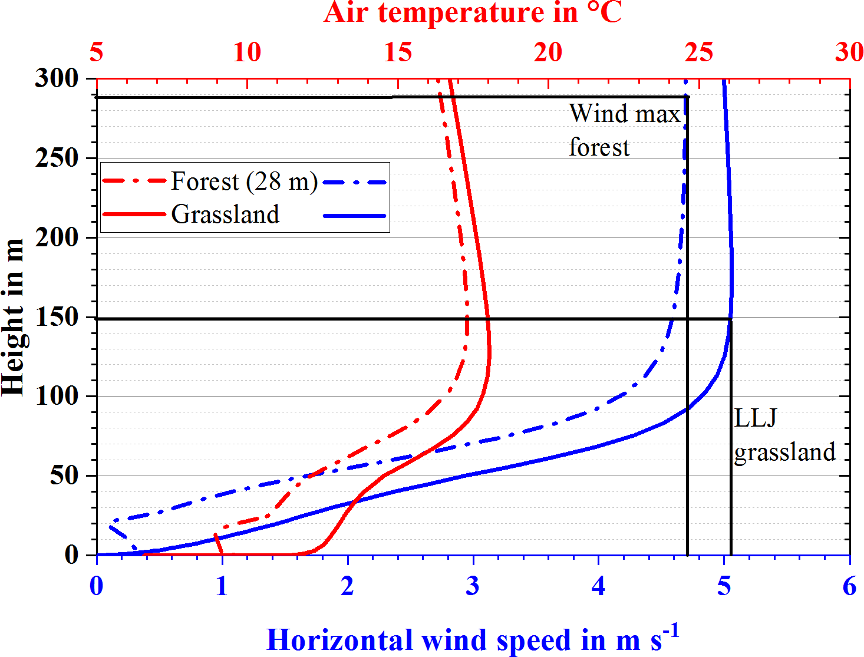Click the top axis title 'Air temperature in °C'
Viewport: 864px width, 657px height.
click(473, 13)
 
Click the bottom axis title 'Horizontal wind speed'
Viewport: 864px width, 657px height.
click(473, 640)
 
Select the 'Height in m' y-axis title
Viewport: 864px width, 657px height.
click(13, 317)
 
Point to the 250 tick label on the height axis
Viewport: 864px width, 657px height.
click(57, 158)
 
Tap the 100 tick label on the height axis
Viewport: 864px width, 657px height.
click(57, 396)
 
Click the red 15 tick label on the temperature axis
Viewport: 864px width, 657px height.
click(398, 52)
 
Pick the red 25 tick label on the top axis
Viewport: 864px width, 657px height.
click(699, 52)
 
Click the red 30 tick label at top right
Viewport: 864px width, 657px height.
click(849, 52)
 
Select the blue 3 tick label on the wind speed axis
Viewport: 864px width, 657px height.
click(473, 586)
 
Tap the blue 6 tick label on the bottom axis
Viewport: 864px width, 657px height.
click(849, 586)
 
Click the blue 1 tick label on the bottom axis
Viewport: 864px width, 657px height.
click(222, 586)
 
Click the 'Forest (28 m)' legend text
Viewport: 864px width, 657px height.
click(244, 181)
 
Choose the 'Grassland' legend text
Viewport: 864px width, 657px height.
click(225, 214)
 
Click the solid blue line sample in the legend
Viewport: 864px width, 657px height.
click(355, 216)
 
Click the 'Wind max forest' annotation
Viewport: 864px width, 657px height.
click(624, 130)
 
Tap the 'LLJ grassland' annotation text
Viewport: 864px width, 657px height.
click(784, 435)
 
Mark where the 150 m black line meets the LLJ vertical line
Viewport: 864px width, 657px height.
click(731, 319)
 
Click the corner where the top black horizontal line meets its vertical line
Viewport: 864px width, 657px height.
click(687, 97)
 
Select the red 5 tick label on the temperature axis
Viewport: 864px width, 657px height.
click(97, 52)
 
